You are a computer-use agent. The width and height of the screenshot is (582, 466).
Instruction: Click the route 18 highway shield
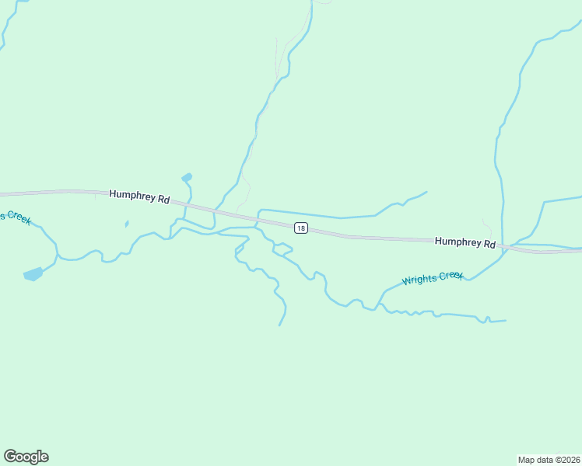tap(300, 228)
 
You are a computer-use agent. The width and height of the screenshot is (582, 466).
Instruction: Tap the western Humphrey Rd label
tap(139, 197)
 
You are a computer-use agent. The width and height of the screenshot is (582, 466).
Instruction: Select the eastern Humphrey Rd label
tap(465, 243)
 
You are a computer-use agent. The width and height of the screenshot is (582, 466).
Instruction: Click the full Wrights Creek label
tap(433, 278)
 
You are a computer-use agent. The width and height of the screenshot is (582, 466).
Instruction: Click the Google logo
tap(26, 457)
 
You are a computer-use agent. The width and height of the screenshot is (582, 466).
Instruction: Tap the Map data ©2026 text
tap(549, 459)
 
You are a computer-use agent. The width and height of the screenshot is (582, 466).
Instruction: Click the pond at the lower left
tap(33, 273)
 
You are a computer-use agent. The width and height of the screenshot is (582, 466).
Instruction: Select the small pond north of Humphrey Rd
tap(187, 178)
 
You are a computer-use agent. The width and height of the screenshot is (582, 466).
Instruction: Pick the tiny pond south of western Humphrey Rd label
tap(126, 224)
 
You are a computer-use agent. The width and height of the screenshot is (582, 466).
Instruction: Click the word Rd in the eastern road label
tap(489, 244)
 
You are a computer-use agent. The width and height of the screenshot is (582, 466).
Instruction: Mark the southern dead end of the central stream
tap(279, 325)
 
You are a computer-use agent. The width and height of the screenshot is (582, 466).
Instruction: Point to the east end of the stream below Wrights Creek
tap(506, 320)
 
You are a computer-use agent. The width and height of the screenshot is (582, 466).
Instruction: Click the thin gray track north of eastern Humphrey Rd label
tap(487, 228)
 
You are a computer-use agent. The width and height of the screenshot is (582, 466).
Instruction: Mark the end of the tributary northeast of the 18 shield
tap(426, 192)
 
